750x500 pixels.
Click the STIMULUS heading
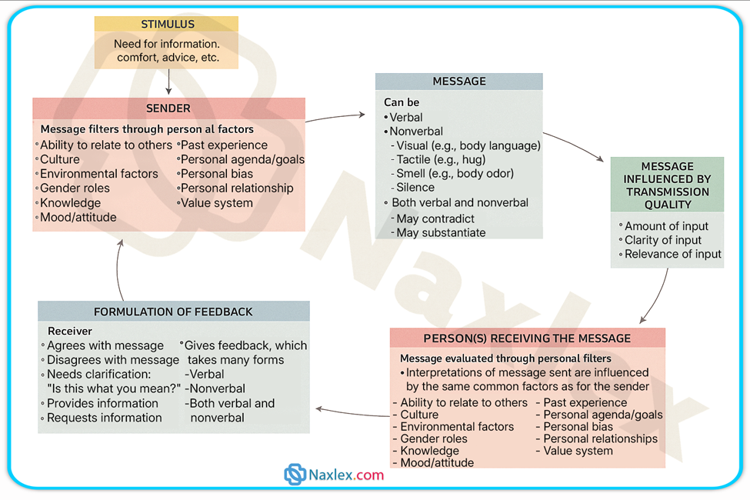click(x=168, y=25)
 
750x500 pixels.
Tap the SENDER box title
click(x=168, y=108)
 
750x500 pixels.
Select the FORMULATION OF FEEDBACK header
click(x=173, y=312)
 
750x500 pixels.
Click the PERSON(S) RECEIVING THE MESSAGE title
click(x=527, y=338)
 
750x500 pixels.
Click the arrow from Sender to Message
click(x=336, y=117)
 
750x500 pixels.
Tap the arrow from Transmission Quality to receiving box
click(x=658, y=296)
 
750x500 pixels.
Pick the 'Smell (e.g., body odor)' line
click(x=455, y=173)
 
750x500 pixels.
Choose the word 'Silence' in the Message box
click(x=415, y=187)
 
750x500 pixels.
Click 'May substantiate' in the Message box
click(x=441, y=232)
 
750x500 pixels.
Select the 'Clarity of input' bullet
click(x=663, y=240)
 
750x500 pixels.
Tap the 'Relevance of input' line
click(x=672, y=254)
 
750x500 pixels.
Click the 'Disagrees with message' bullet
click(x=112, y=360)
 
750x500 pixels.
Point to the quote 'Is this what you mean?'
click(x=114, y=388)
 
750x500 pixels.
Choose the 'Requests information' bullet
click(x=104, y=418)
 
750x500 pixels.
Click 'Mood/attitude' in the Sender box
click(x=78, y=218)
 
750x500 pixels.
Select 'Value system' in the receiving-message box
click(x=578, y=451)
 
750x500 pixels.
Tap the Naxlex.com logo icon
click(x=295, y=475)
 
